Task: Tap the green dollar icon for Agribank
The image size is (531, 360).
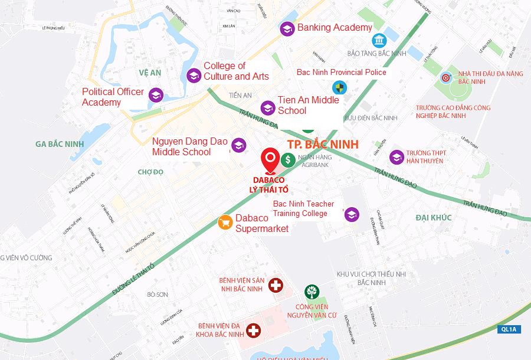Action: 288,159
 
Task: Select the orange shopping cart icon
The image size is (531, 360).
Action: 225,222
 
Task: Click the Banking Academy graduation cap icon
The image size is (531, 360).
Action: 287,28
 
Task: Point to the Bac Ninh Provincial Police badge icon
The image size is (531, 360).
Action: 339,89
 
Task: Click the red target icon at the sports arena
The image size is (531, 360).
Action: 446,77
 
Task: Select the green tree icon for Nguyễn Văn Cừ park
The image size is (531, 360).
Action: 312,292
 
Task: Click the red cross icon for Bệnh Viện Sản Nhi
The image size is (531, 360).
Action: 276,286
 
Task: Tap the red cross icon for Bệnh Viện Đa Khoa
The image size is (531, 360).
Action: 254,330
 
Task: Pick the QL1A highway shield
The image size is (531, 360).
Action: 508,329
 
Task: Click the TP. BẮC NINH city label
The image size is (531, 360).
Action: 323,145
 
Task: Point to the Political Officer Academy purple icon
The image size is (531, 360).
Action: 156,95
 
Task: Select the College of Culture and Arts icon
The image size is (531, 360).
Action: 194,75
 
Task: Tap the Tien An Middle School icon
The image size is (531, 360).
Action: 268,107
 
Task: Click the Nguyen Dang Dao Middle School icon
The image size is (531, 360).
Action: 238,145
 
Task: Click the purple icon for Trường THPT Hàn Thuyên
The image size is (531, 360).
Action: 396,157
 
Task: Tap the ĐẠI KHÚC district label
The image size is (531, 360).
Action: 433,218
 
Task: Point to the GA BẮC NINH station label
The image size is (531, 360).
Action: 60,144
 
